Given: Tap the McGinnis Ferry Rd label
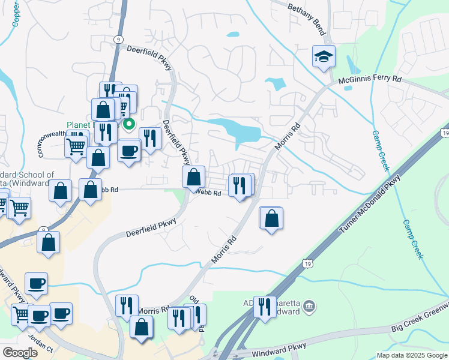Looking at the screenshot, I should click(370, 79).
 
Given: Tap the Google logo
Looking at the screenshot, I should click(20, 353).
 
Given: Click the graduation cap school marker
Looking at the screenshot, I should click(324, 58).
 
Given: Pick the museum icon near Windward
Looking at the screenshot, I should click(309, 307).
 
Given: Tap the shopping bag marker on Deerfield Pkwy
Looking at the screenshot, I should click(193, 177).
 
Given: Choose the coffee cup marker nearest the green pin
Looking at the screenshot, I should click(128, 150).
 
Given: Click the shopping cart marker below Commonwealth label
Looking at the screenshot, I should click(76, 145).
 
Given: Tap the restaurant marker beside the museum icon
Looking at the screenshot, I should click(264, 307).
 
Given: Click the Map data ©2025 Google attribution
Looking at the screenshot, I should click(412, 355).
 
